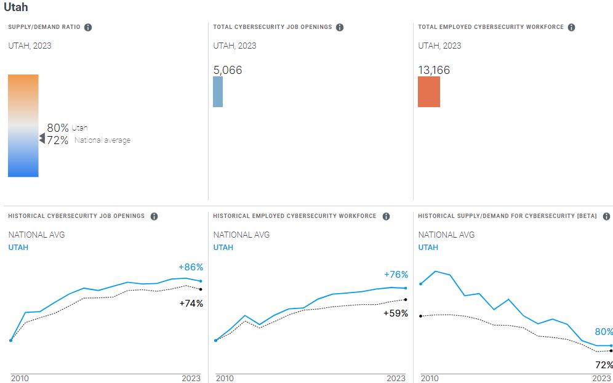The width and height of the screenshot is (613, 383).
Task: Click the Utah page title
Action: click(x=16, y=8)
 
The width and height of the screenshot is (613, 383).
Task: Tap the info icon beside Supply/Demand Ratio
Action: click(x=88, y=28)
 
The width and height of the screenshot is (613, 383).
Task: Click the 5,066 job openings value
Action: click(x=228, y=70)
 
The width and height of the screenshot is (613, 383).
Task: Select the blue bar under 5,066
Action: click(x=218, y=92)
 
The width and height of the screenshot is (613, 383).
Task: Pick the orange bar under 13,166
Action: click(x=429, y=92)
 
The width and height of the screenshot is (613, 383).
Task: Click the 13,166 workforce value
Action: click(x=434, y=70)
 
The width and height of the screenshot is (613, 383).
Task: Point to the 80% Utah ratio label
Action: click(x=58, y=128)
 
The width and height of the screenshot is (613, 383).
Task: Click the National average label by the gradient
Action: click(x=102, y=140)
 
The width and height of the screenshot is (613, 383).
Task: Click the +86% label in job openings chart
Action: click(x=191, y=267)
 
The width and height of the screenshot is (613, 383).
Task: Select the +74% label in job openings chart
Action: click(x=191, y=303)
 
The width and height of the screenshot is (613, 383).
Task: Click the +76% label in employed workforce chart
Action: click(x=396, y=275)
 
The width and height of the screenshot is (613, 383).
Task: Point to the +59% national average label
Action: click(x=396, y=313)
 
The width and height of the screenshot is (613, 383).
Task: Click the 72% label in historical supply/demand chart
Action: click(x=604, y=365)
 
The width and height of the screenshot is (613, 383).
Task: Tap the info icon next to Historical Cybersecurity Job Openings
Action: click(x=154, y=217)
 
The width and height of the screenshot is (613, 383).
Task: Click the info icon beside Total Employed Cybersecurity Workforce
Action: click(x=571, y=28)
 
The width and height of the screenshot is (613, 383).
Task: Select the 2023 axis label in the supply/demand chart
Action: click(x=601, y=378)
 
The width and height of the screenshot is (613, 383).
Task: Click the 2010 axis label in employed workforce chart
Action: click(x=225, y=378)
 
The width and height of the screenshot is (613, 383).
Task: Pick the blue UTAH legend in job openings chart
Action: click(x=18, y=248)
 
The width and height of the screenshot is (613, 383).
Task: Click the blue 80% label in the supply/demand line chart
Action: click(x=604, y=332)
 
